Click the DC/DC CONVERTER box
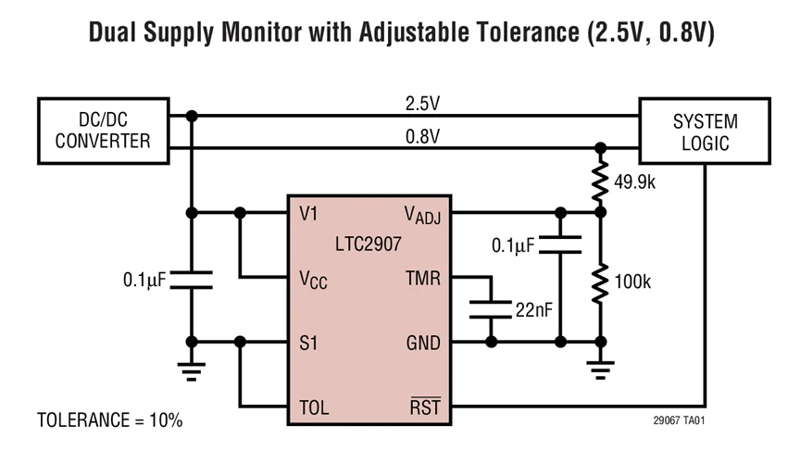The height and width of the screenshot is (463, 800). click(102, 131)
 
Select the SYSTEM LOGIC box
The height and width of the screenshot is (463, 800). click(705, 131)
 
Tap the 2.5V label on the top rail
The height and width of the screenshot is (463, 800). click(422, 104)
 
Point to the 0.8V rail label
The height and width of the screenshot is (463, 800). click(422, 136)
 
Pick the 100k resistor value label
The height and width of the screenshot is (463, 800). click(632, 282)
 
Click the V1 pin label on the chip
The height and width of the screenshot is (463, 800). click(309, 213)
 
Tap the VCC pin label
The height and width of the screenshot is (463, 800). click(313, 279)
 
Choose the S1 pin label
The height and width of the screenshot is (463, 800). click(309, 343)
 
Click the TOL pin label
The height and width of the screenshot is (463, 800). click(314, 407)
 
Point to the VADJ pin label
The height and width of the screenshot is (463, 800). click(423, 215)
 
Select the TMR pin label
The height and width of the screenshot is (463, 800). click(423, 278)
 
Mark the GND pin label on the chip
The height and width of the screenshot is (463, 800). click(423, 343)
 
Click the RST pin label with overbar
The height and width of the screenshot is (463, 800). click(425, 407)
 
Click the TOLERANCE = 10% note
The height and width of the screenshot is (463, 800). click(109, 419)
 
